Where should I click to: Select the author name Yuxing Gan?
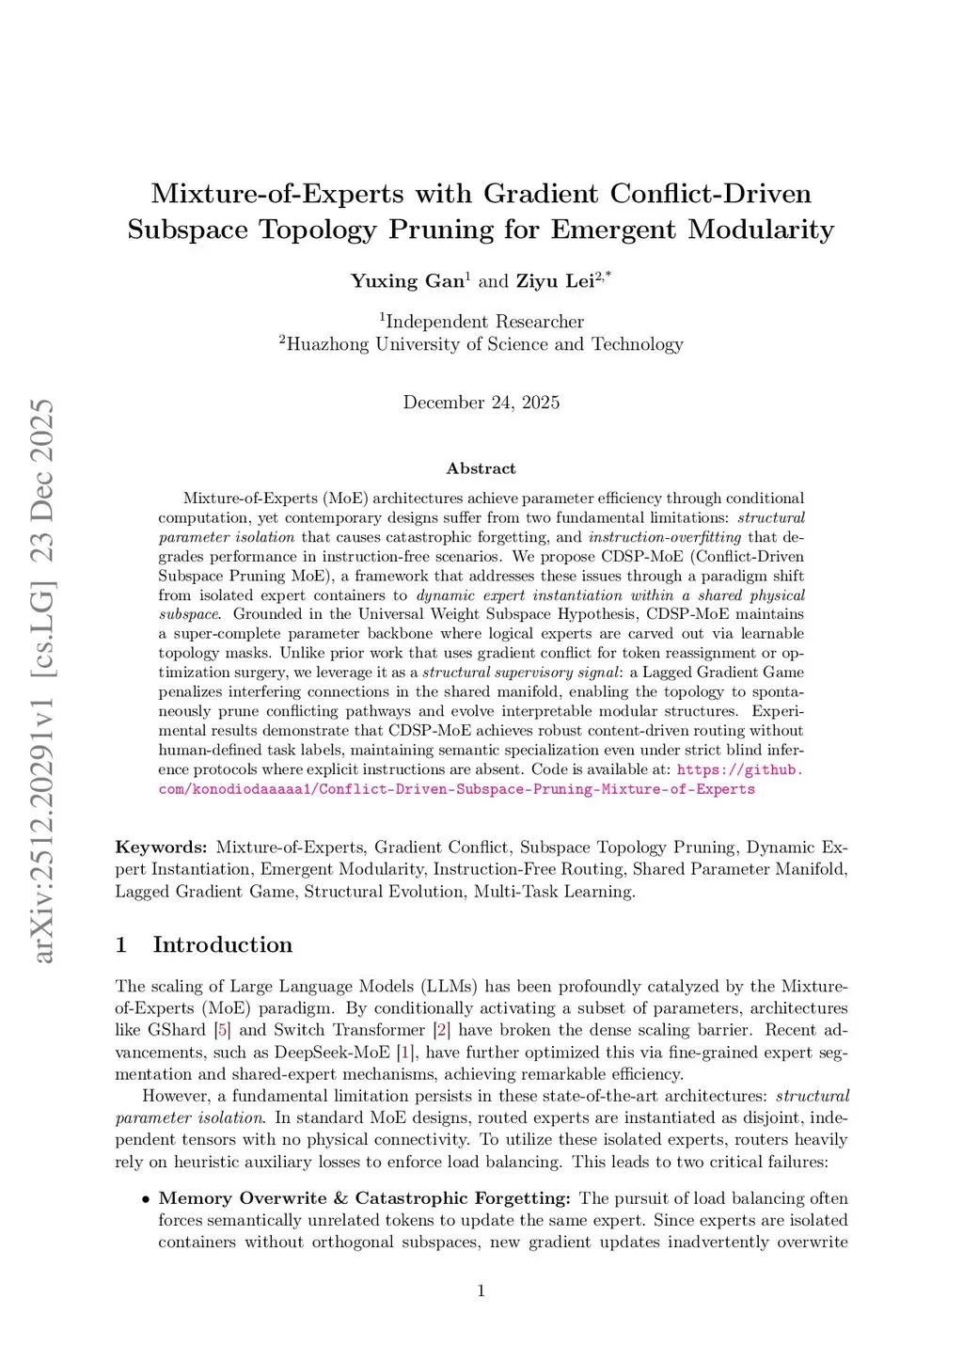click(x=407, y=280)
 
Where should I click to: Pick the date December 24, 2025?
click(x=481, y=403)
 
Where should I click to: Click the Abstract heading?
click(x=481, y=468)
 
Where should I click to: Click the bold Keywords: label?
click(x=161, y=847)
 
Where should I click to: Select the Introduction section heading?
click(x=223, y=944)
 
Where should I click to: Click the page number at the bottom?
click(x=481, y=1291)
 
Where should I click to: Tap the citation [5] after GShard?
click(x=222, y=1030)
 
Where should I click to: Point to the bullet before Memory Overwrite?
click(x=146, y=1199)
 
